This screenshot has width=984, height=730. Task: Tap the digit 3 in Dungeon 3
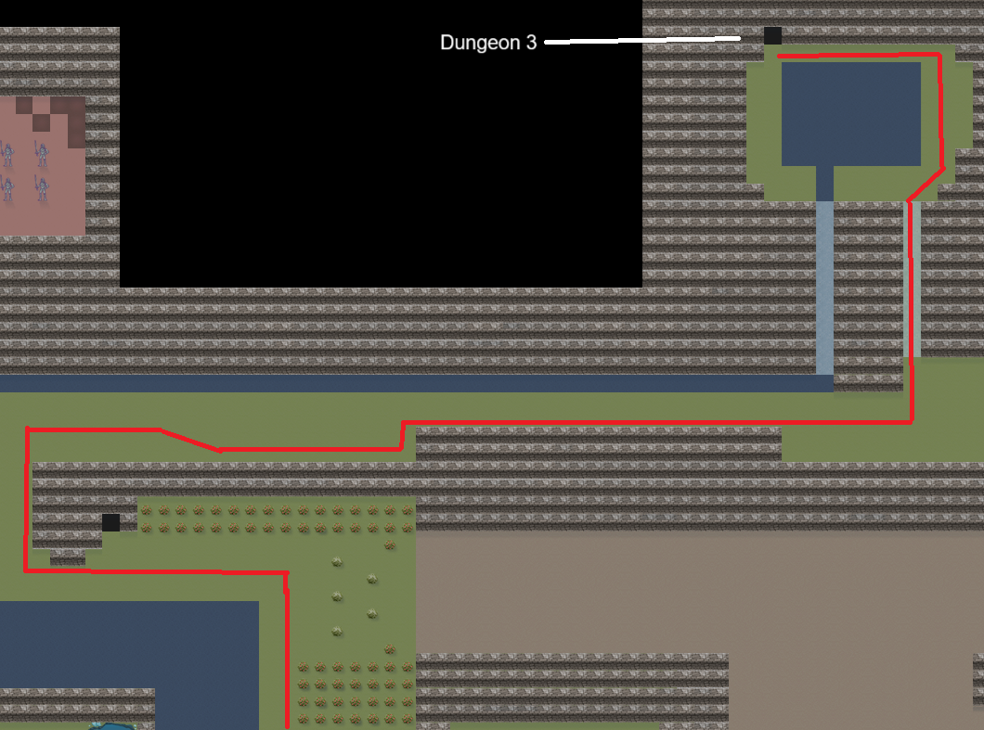pyautogui.click(x=531, y=43)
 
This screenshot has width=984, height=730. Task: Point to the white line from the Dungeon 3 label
pyautogui.click(x=641, y=41)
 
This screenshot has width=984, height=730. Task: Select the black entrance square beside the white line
pyautogui.click(x=772, y=36)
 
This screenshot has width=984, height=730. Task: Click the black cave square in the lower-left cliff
pyautogui.click(x=110, y=522)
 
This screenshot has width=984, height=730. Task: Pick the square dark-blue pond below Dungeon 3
pyautogui.click(x=850, y=113)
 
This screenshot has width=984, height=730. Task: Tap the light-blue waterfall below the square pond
pyautogui.click(x=824, y=288)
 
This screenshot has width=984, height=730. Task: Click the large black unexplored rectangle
pyautogui.click(x=381, y=144)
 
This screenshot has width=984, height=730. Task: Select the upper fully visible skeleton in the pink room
pyautogui.click(x=42, y=153)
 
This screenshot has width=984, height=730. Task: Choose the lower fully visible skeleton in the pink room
pyautogui.click(x=42, y=188)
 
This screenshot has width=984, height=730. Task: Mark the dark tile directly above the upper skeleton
pyautogui.click(x=42, y=122)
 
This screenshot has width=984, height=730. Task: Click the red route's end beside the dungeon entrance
pyautogui.click(x=781, y=57)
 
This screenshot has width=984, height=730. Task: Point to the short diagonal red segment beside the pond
pyautogui.click(x=926, y=186)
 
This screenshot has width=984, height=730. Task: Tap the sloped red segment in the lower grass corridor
pyautogui.click(x=190, y=441)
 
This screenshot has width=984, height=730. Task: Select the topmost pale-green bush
pyautogui.click(x=337, y=561)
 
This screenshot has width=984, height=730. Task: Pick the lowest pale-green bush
pyautogui.click(x=337, y=632)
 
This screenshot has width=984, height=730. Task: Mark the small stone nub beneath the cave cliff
pyautogui.click(x=67, y=557)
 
